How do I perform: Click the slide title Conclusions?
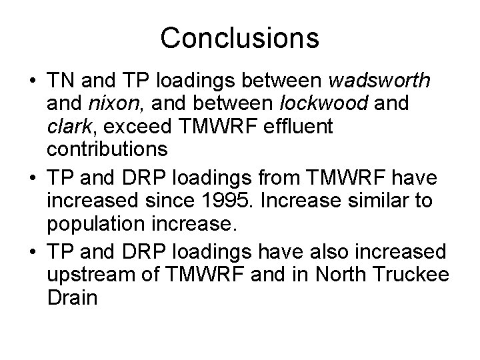[x=239, y=38]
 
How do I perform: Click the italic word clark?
[x=67, y=125]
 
